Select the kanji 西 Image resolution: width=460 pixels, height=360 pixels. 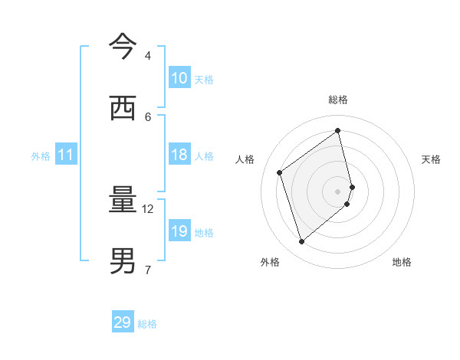click(x=123, y=108)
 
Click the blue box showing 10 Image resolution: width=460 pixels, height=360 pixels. click(x=179, y=78)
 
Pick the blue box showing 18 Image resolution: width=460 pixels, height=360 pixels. click(x=179, y=155)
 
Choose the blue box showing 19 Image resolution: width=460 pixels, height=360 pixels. click(x=179, y=231)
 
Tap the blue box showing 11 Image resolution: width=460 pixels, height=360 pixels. click(x=66, y=155)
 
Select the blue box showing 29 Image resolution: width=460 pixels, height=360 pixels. click(x=123, y=322)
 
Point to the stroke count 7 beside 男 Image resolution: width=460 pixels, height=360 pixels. click(x=147, y=269)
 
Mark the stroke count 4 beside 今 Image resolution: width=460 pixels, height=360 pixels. click(x=147, y=56)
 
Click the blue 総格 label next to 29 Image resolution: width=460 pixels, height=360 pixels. click(x=147, y=324)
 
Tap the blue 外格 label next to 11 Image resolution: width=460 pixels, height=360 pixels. click(x=41, y=156)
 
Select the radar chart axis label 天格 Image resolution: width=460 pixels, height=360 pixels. click(x=431, y=159)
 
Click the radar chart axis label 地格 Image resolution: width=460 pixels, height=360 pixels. click(x=402, y=262)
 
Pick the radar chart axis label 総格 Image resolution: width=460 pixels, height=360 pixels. click(x=338, y=100)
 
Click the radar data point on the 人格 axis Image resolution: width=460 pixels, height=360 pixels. click(x=280, y=172)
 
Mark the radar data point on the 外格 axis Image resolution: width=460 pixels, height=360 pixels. click(x=301, y=242)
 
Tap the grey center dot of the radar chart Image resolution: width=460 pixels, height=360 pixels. click(x=338, y=191)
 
